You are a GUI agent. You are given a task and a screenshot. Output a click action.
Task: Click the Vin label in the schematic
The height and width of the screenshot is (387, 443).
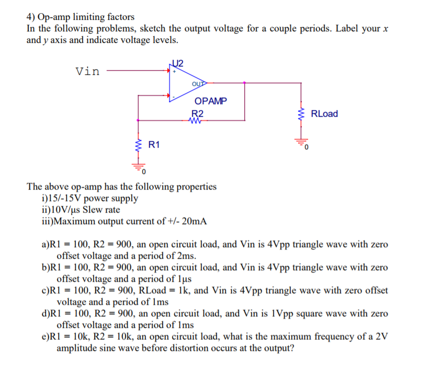pyautogui.click(x=87, y=71)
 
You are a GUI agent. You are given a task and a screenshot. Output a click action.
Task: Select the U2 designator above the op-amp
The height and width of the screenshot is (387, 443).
pyautogui.click(x=178, y=63)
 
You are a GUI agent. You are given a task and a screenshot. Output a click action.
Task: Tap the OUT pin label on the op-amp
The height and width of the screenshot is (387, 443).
pyautogui.click(x=198, y=83)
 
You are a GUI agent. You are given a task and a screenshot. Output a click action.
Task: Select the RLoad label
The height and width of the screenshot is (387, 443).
pyautogui.click(x=324, y=114)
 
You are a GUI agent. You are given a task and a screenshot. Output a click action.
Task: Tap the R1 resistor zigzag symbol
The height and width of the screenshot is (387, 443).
pyautogui.click(x=138, y=144)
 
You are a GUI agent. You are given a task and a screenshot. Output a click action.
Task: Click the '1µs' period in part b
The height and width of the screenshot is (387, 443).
pyautogui.click(x=185, y=279)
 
